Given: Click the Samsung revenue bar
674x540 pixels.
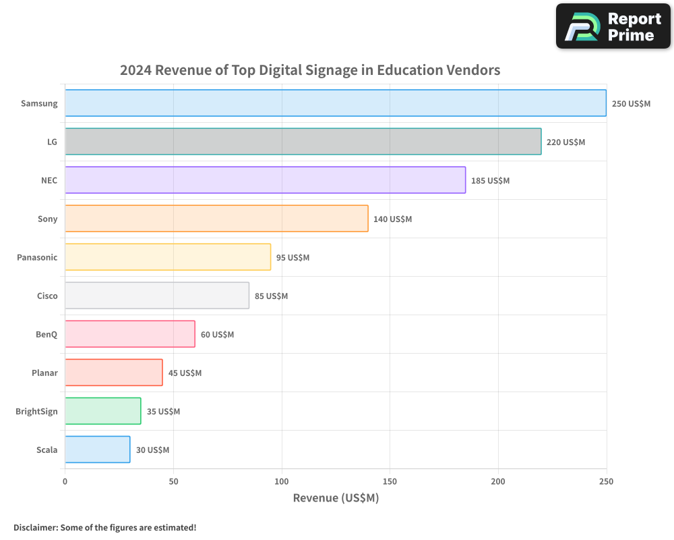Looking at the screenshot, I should (x=336, y=103).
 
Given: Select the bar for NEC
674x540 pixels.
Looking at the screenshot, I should (x=265, y=180).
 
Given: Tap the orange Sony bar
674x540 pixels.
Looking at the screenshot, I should (x=216, y=219).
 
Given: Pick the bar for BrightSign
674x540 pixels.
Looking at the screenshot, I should (x=103, y=411).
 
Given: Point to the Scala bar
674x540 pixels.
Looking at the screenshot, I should (x=98, y=450).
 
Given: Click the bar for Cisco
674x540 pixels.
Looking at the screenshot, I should (x=157, y=296).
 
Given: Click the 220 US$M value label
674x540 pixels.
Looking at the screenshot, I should (x=565, y=142).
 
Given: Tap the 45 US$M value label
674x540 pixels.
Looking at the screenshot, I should (x=185, y=373).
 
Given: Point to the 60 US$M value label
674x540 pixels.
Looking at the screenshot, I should (x=217, y=335).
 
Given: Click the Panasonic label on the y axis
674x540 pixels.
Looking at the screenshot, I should (x=37, y=258).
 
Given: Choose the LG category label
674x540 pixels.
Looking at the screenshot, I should (x=52, y=142).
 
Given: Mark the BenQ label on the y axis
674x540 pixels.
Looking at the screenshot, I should (x=47, y=335).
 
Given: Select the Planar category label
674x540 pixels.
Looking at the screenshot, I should (x=44, y=373).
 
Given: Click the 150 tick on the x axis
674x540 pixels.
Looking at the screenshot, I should (x=390, y=481).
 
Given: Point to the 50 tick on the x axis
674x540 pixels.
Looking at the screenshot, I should (x=173, y=481).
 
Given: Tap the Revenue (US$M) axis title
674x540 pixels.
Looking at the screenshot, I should (x=336, y=498).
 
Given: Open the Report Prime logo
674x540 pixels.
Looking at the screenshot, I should (x=613, y=26).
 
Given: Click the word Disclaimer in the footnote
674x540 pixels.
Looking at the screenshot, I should (x=35, y=527).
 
